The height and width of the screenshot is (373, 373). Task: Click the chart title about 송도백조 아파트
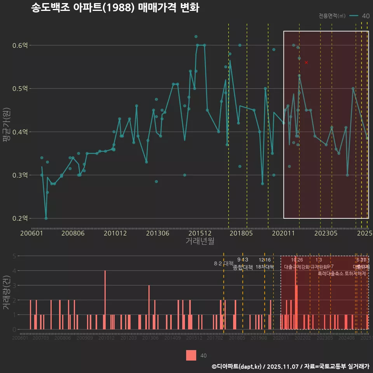tap(115, 8)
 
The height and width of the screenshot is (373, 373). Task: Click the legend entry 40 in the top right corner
tap(365, 16)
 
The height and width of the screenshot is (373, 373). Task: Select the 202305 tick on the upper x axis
tap(326, 233)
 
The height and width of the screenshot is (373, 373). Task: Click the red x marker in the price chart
tap(306, 62)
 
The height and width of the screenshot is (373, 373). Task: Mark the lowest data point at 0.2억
tap(46, 218)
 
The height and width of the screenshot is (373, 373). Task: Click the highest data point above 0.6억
tap(196, 37)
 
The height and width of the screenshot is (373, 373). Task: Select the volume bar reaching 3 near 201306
tap(149, 307)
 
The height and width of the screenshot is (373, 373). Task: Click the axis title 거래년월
tap(200, 241)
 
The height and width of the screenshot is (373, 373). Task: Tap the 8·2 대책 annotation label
tap(223, 263)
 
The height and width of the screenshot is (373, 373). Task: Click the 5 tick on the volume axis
tap(14, 256)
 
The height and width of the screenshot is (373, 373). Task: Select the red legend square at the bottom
tap(191, 355)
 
